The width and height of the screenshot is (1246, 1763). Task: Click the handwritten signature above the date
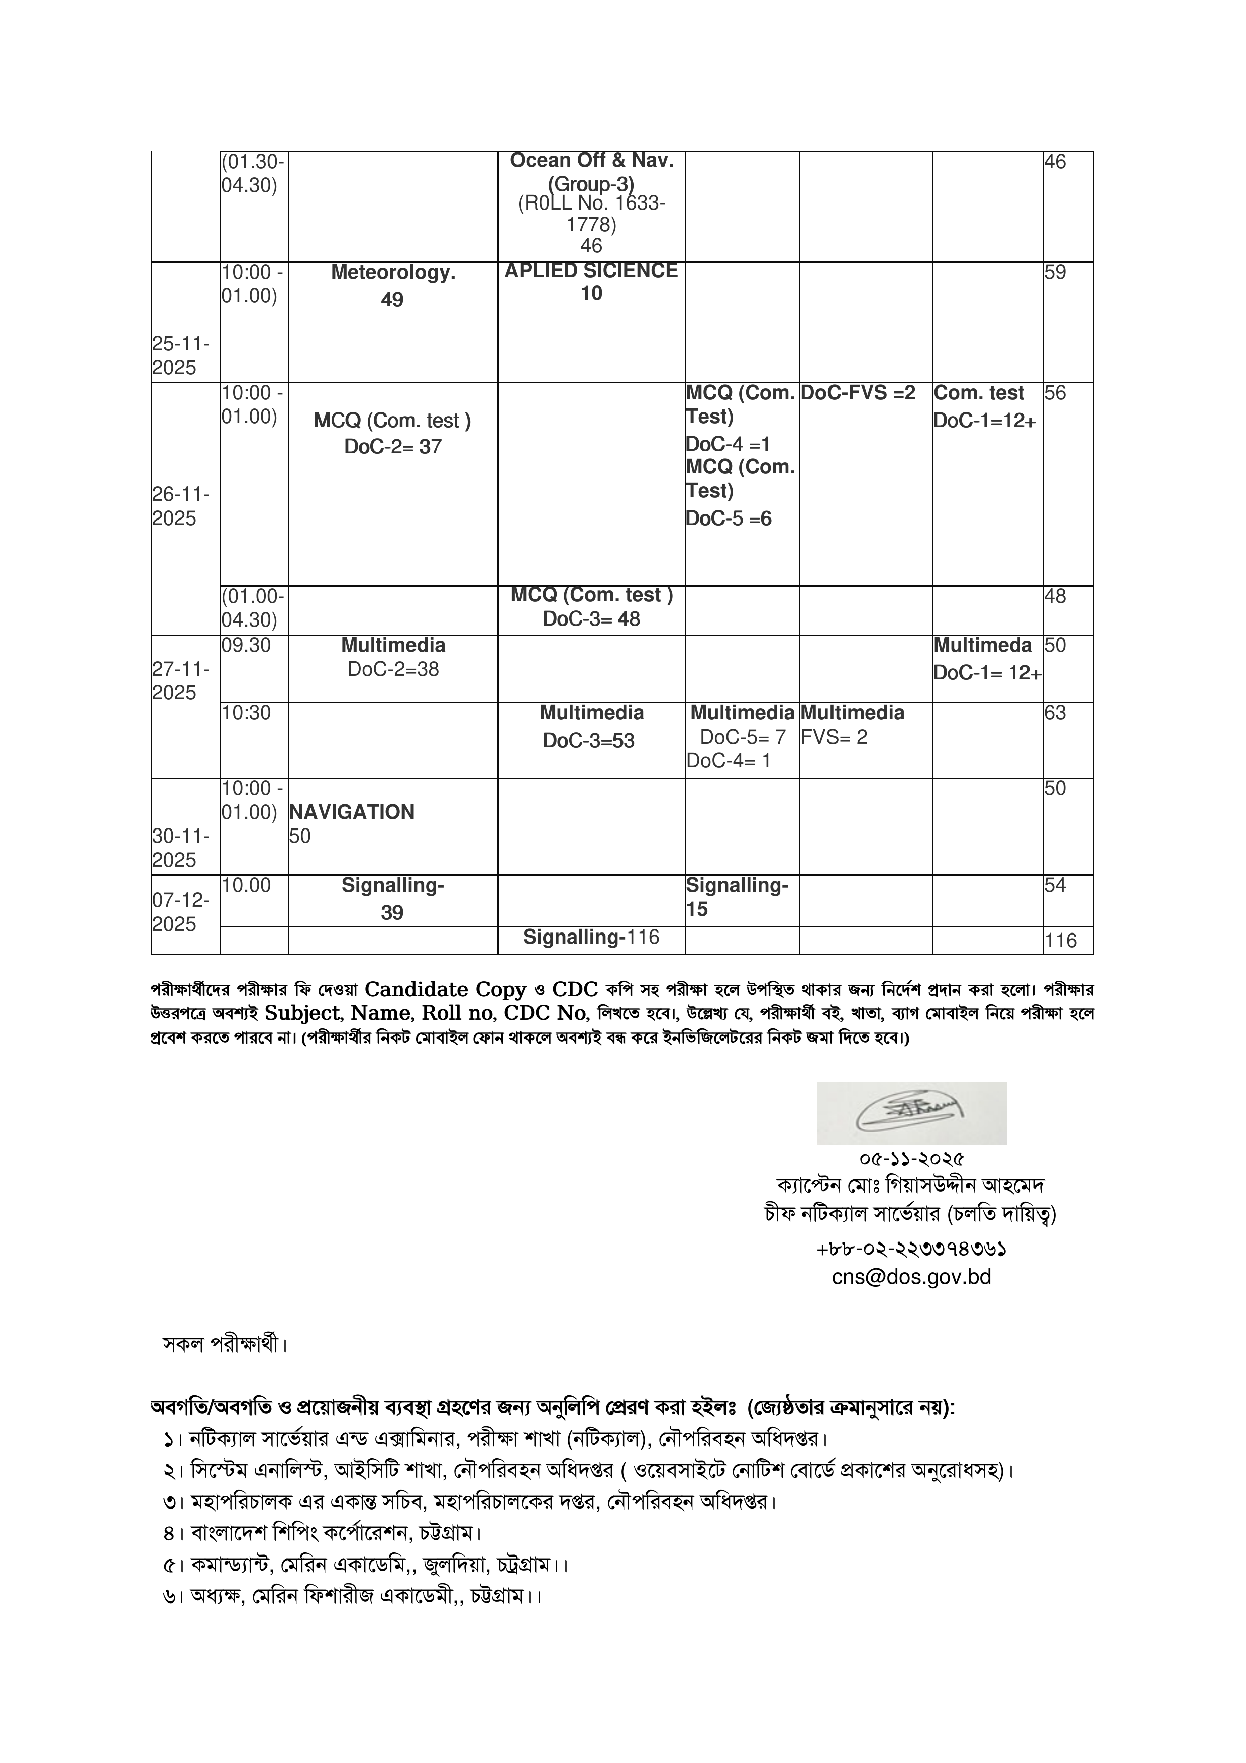[911, 1113]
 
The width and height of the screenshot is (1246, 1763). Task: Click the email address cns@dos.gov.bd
[911, 1277]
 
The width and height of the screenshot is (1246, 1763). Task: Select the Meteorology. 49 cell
[392, 286]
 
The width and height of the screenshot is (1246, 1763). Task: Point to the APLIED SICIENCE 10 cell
[591, 282]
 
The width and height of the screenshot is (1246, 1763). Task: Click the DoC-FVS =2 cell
[858, 393]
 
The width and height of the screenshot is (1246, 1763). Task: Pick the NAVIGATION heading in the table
[352, 812]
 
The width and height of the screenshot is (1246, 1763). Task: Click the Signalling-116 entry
[591, 937]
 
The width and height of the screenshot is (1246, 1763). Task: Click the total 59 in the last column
[1055, 273]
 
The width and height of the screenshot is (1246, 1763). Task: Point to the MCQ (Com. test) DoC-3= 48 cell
[591, 607]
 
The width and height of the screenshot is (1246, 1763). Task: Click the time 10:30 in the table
[246, 713]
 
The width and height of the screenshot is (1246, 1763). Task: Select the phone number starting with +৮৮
[911, 1250]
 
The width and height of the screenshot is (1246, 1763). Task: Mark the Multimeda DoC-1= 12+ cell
[987, 659]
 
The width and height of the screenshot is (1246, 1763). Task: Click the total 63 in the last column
[1055, 713]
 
